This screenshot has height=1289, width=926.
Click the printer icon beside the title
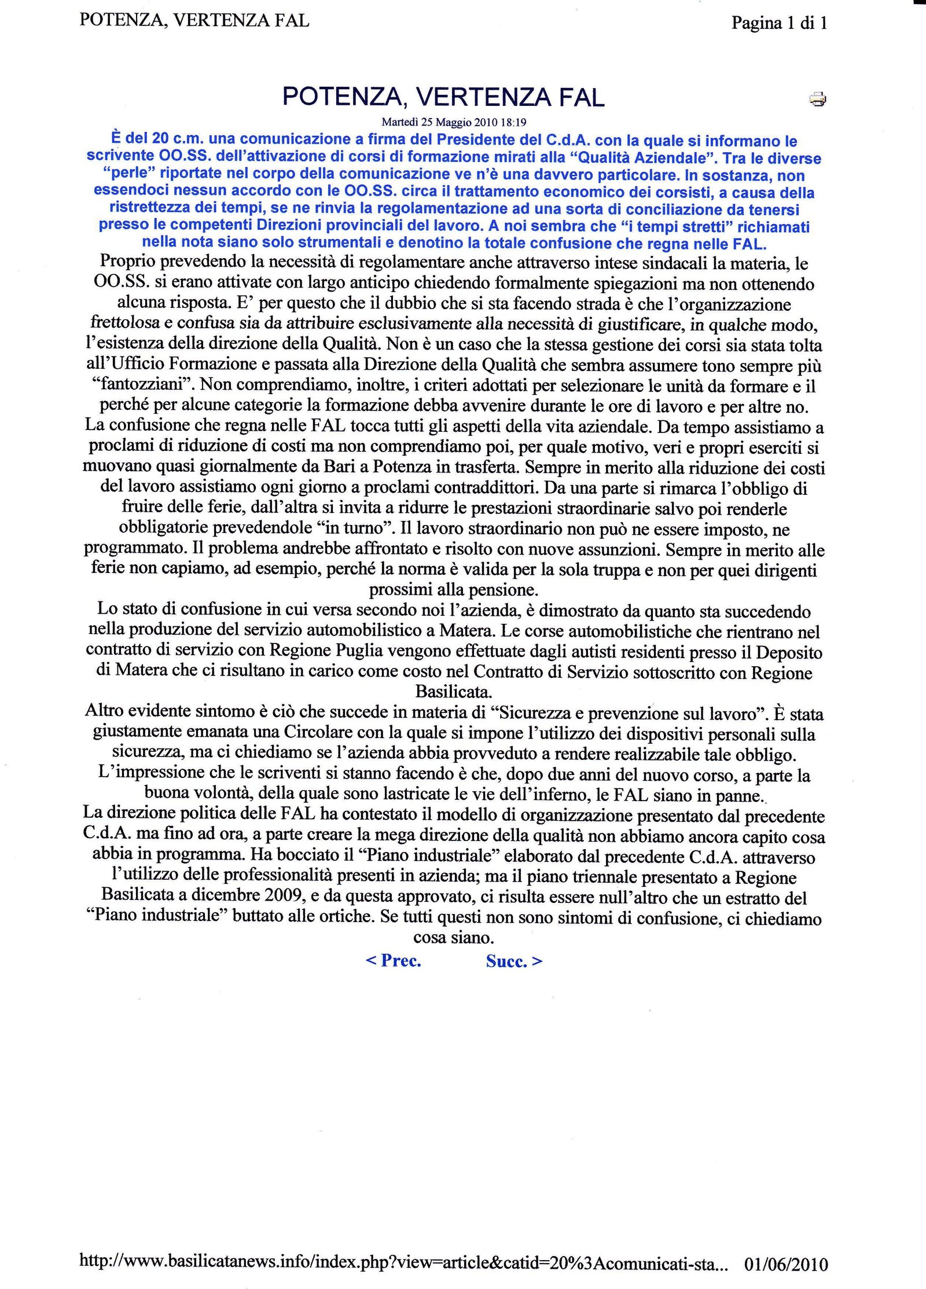point(817,100)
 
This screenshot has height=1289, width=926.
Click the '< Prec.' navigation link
point(394,960)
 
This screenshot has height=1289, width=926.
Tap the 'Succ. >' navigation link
point(514,961)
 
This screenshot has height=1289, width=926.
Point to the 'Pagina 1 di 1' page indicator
point(779,23)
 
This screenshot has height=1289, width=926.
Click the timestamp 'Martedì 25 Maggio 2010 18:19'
point(454,122)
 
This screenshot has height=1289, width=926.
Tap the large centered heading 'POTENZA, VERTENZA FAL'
point(443,97)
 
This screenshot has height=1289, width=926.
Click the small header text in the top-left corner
point(194,20)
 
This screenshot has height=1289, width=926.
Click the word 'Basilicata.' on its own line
point(454,692)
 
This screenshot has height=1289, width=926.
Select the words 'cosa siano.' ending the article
point(454,937)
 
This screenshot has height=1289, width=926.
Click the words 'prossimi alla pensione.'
point(454,590)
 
